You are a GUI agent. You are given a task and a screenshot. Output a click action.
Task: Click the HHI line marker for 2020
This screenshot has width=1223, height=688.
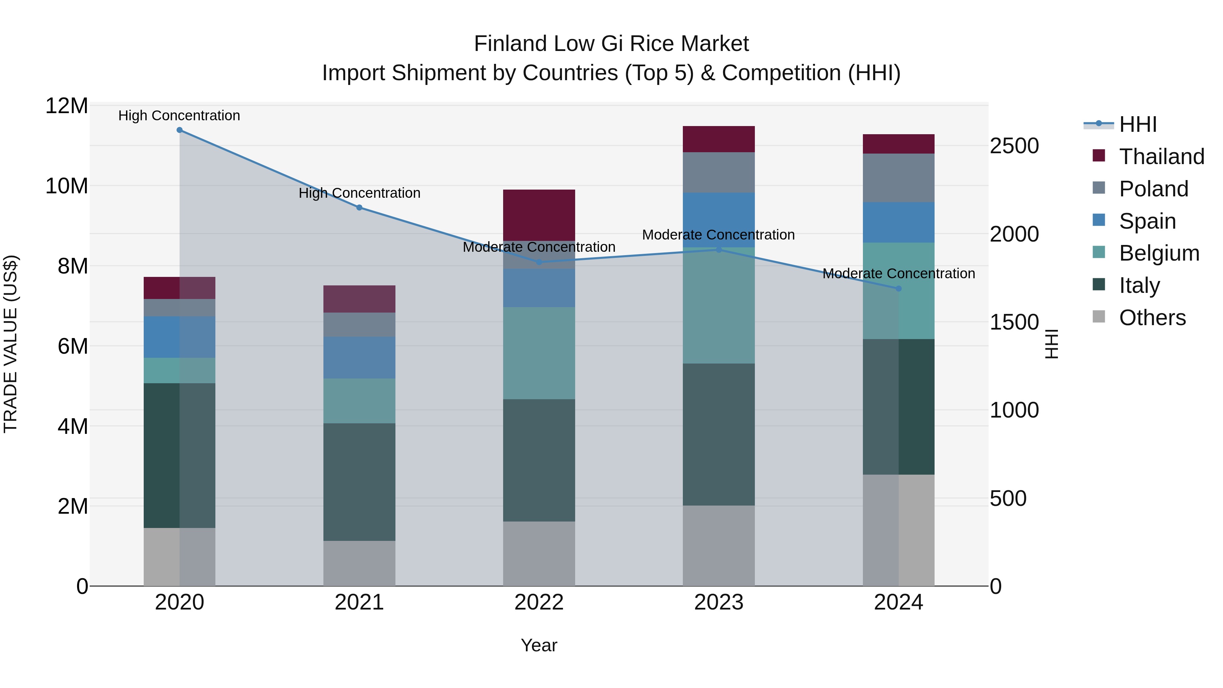179,130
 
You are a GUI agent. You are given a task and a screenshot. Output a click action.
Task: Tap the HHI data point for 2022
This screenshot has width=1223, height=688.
539,262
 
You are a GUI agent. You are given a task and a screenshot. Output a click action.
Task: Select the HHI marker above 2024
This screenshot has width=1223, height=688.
898,289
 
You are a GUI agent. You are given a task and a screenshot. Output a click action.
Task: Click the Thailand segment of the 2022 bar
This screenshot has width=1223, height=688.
539,215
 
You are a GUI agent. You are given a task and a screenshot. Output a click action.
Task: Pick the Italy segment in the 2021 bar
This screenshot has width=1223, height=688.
359,482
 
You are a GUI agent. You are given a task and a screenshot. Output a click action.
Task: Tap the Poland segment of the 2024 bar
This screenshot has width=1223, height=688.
898,178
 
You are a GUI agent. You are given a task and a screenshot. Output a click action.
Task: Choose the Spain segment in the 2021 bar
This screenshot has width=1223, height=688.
359,357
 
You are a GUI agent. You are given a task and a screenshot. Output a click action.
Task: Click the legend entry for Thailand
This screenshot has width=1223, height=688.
1161,157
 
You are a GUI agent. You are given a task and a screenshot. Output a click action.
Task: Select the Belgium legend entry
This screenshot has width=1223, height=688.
1158,253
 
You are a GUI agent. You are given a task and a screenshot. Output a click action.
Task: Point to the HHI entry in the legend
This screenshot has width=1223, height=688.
1137,124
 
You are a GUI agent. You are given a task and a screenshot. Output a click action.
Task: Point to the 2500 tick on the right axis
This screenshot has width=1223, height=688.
1014,146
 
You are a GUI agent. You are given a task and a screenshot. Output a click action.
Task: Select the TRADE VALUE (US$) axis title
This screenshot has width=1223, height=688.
11,344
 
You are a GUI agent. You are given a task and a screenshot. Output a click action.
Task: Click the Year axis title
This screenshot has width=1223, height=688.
539,645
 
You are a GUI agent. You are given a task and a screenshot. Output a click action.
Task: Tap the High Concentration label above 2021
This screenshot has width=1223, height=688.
359,193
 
